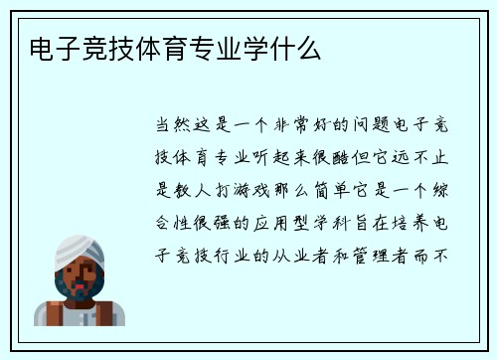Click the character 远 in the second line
(x=399, y=157)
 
